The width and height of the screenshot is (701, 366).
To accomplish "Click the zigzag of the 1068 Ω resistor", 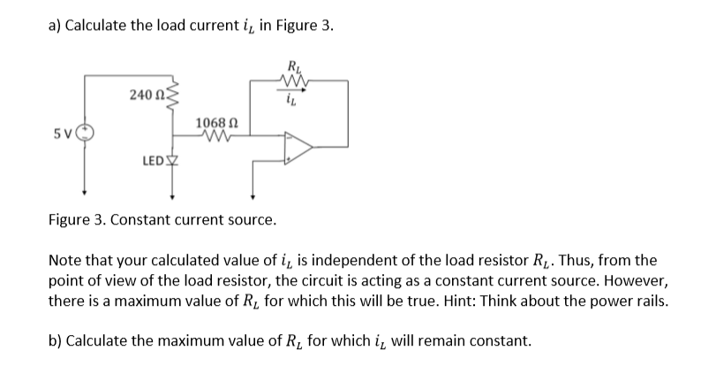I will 215,138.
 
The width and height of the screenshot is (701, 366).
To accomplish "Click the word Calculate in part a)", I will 99,25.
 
